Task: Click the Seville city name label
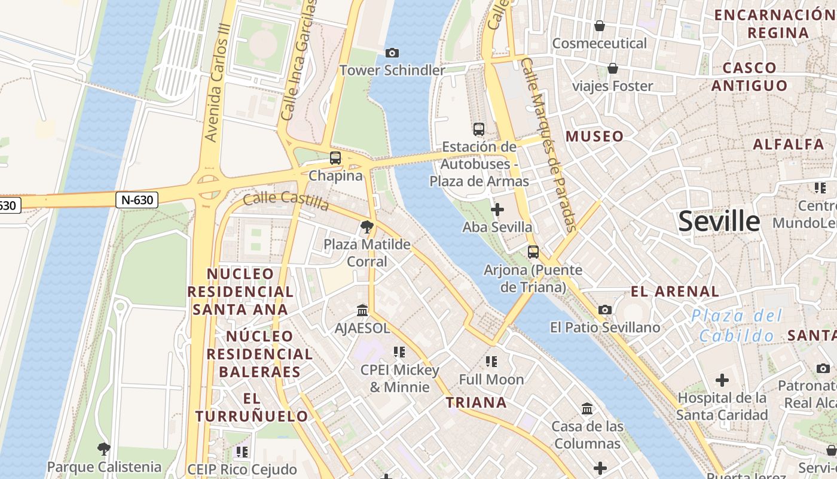click(x=719, y=222)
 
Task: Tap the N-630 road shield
click(x=137, y=200)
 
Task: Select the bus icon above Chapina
click(x=335, y=158)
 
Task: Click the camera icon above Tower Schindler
click(x=392, y=53)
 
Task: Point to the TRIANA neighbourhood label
click(x=476, y=402)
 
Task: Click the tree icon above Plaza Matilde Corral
click(x=367, y=227)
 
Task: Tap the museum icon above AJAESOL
click(x=362, y=310)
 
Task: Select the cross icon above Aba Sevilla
click(x=497, y=210)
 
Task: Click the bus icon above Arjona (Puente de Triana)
click(x=533, y=252)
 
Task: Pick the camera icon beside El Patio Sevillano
click(x=605, y=310)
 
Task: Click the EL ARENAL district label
click(x=675, y=292)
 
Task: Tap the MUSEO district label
click(x=594, y=137)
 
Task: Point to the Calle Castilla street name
click(x=286, y=201)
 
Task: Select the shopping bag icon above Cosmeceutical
click(x=599, y=26)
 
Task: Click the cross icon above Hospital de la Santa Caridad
click(x=722, y=380)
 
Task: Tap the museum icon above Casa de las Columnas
click(x=587, y=408)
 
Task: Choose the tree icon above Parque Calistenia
click(x=104, y=448)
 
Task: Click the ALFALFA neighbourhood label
click(x=788, y=144)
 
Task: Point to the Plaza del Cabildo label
click(x=737, y=325)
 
